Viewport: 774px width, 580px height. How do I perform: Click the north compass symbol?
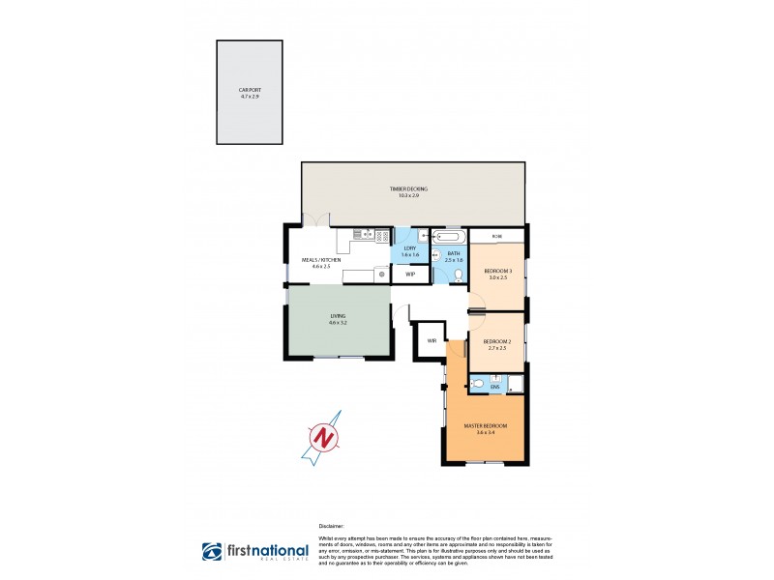point(325,437)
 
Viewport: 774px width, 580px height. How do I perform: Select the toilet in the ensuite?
point(479,384)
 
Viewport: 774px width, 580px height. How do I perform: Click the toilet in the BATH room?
point(460,275)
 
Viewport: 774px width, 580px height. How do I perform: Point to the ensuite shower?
point(514,385)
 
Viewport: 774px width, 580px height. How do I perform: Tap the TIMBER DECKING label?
point(408,188)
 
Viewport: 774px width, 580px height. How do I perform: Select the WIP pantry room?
point(410,275)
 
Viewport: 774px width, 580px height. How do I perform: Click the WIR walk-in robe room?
point(431,339)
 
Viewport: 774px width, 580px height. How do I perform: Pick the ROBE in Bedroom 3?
point(497,236)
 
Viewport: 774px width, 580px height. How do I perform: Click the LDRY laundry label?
point(409,248)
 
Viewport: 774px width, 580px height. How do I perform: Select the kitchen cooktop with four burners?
point(382,235)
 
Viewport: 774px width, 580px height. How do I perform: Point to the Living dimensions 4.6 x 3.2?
point(338,322)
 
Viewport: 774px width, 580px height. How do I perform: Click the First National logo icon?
point(212,551)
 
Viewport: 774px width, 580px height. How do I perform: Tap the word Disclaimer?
point(331,527)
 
